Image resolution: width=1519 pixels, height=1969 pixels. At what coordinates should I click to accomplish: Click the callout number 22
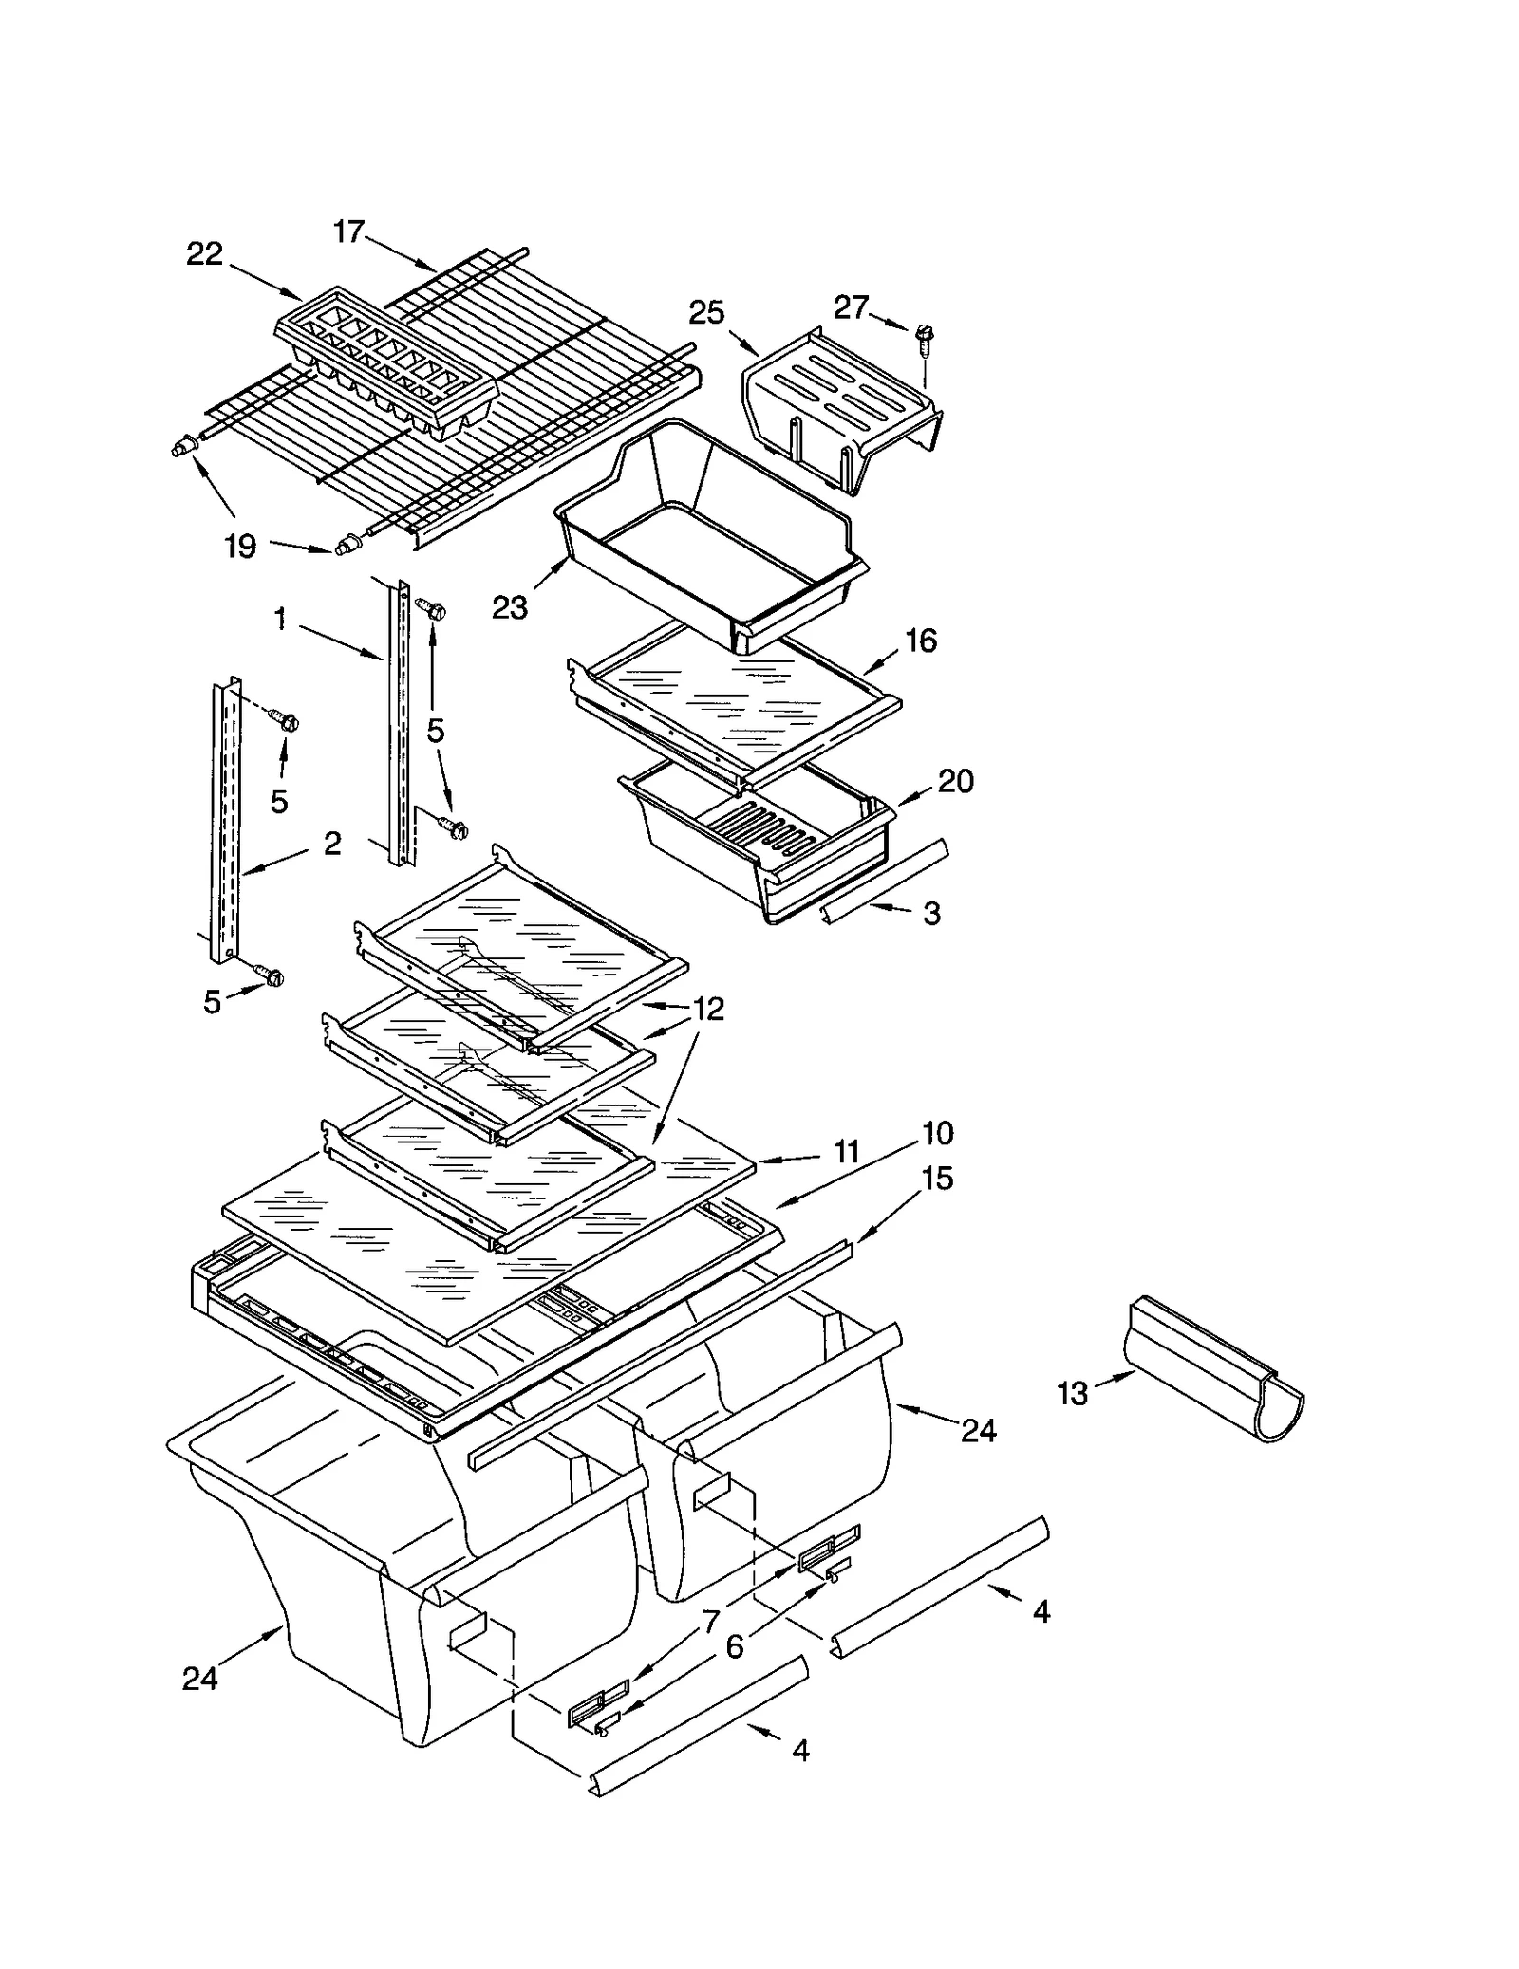point(204,254)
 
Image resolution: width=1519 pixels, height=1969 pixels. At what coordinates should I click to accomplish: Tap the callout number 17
point(348,231)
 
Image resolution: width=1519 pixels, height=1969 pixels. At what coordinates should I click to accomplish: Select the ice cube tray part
point(384,365)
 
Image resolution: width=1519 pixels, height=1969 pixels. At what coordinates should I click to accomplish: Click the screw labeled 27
point(924,339)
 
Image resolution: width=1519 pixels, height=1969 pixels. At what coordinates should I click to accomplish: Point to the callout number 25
point(706,312)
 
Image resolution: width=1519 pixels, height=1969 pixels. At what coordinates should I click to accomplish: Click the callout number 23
point(510,607)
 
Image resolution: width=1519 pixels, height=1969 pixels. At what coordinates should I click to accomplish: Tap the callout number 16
point(921,641)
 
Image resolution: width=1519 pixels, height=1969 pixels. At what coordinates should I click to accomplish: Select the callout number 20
point(955,781)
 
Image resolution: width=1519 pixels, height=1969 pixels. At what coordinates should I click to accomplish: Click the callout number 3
point(932,913)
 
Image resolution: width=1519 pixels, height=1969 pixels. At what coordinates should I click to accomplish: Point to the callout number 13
point(1072,1394)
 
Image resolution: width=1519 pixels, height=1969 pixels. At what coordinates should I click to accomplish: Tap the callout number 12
point(708,1009)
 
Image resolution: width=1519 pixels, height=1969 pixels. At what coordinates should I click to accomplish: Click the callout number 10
point(937,1133)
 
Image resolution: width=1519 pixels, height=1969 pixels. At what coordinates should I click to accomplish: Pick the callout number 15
point(937,1179)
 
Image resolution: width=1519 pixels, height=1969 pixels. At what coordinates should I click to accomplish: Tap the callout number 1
point(280,619)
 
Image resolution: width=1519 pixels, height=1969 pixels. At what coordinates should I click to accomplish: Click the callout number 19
point(240,547)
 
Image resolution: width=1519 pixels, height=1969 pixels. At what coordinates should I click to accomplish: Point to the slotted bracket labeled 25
point(840,408)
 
